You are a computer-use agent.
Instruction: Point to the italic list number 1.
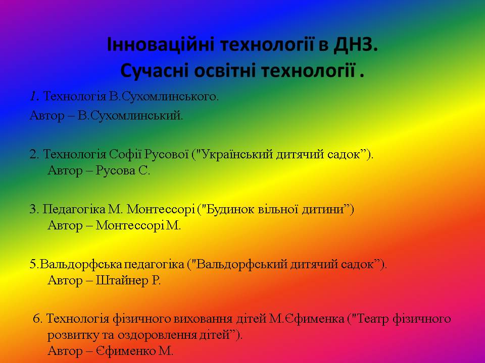34,97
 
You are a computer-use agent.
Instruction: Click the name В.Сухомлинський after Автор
130,115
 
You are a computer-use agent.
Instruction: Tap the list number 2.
34,154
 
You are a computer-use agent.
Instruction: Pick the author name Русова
115,170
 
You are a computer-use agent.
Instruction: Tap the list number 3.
34,209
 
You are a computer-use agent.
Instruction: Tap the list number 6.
37,319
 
